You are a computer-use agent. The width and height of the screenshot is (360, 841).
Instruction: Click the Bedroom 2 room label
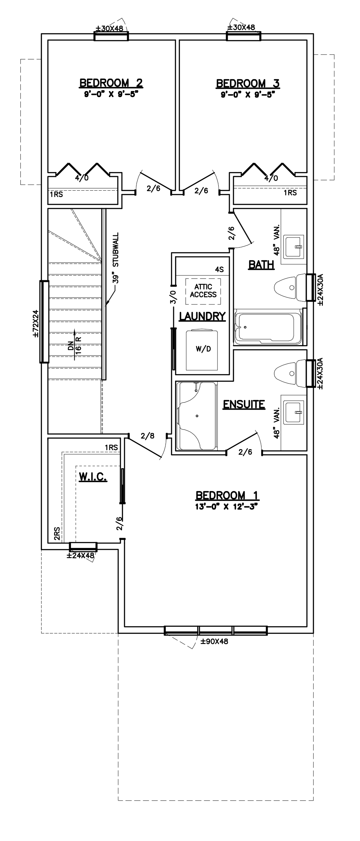point(111,83)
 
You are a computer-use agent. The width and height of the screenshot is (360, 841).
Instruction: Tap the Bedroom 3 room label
point(248,83)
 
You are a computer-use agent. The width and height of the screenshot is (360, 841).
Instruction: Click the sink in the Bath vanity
point(294,246)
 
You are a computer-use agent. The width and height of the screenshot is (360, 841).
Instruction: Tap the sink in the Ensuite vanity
point(294,412)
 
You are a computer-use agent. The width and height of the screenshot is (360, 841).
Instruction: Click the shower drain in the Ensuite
point(197,415)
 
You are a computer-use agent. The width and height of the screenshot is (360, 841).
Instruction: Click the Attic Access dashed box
point(203,291)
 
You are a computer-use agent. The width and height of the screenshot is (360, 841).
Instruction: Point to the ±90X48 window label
point(214,641)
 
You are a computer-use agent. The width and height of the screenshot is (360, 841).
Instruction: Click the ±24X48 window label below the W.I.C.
point(80,556)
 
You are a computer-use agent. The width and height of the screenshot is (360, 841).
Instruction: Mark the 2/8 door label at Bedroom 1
point(147,436)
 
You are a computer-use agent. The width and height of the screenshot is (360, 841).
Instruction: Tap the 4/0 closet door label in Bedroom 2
point(82,178)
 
